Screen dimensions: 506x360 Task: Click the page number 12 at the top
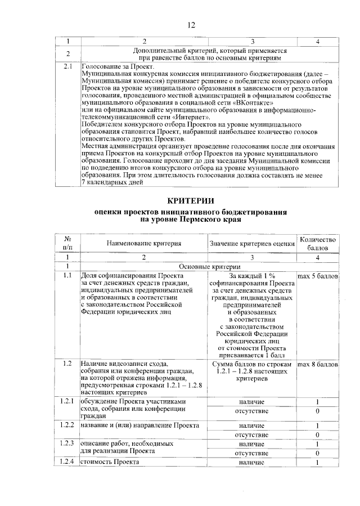pyautogui.click(x=191, y=25)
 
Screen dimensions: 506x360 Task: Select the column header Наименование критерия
pyautogui.click(x=144, y=243)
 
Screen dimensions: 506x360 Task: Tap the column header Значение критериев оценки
pyautogui.click(x=252, y=243)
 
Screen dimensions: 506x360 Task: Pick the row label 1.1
pyautogui.click(x=67, y=276)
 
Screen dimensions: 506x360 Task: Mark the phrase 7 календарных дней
pyautogui.click(x=115, y=183)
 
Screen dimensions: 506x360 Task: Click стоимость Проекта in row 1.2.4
pyautogui.click(x=110, y=463)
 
